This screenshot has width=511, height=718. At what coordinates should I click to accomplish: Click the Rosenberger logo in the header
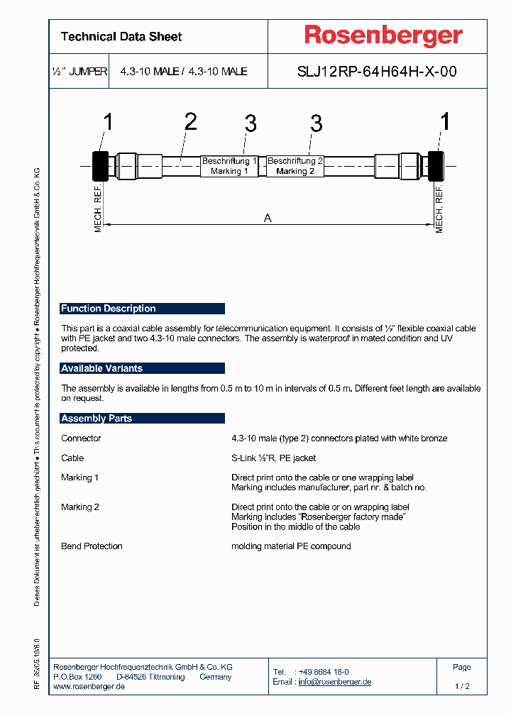383,36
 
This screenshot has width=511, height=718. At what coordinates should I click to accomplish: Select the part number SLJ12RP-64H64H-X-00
376,72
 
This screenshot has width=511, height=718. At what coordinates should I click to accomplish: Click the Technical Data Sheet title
121,37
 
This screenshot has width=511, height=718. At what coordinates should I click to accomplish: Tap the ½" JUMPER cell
79,72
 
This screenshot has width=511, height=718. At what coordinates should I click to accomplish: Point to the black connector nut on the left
100,166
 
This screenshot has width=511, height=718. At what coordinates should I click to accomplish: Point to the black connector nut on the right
436,166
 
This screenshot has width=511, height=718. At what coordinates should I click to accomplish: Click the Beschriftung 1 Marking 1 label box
229,166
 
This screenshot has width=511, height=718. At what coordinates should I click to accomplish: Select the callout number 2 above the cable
190,122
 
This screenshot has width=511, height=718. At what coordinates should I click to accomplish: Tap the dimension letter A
268,219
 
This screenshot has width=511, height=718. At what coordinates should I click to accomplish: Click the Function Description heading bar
142,309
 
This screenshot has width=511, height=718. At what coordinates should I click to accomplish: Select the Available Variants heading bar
142,368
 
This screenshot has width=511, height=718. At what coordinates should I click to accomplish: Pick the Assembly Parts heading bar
142,419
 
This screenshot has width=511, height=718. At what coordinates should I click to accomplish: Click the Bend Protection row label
92,546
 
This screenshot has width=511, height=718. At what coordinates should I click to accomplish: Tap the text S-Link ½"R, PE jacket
274,458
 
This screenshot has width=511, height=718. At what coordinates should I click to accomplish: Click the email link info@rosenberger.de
335,682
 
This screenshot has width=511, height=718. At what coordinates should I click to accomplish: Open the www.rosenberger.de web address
89,687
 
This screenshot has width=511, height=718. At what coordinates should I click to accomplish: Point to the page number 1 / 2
462,687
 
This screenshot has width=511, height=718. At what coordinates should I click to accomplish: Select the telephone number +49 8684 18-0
323,672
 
